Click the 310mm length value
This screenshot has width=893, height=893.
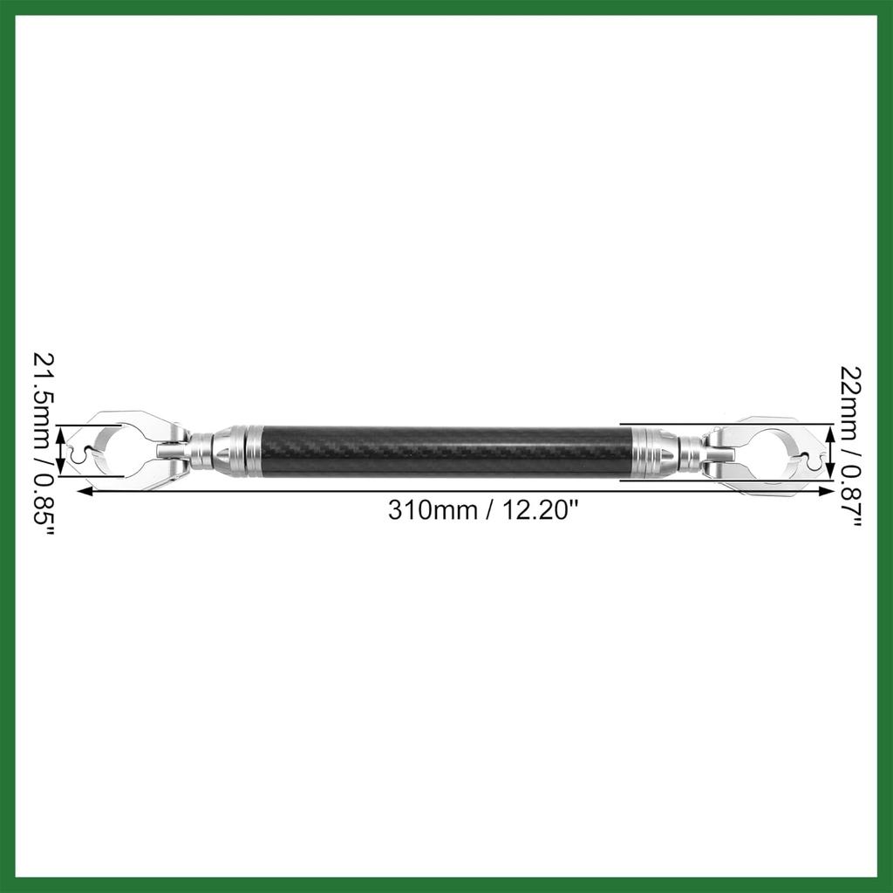[x=433, y=509]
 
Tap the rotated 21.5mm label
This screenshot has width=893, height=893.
[x=44, y=399]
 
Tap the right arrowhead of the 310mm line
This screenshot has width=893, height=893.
[x=826, y=491]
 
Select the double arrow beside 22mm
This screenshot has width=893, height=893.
[x=830, y=453]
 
